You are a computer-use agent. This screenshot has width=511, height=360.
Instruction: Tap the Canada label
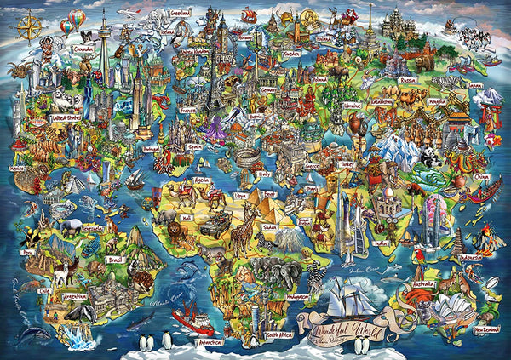pyautogui.click(x=84, y=49)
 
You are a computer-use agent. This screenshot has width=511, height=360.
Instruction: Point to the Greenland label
pyautogui.click(x=181, y=14)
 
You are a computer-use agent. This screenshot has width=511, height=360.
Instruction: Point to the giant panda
pyautogui.click(x=430, y=155)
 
